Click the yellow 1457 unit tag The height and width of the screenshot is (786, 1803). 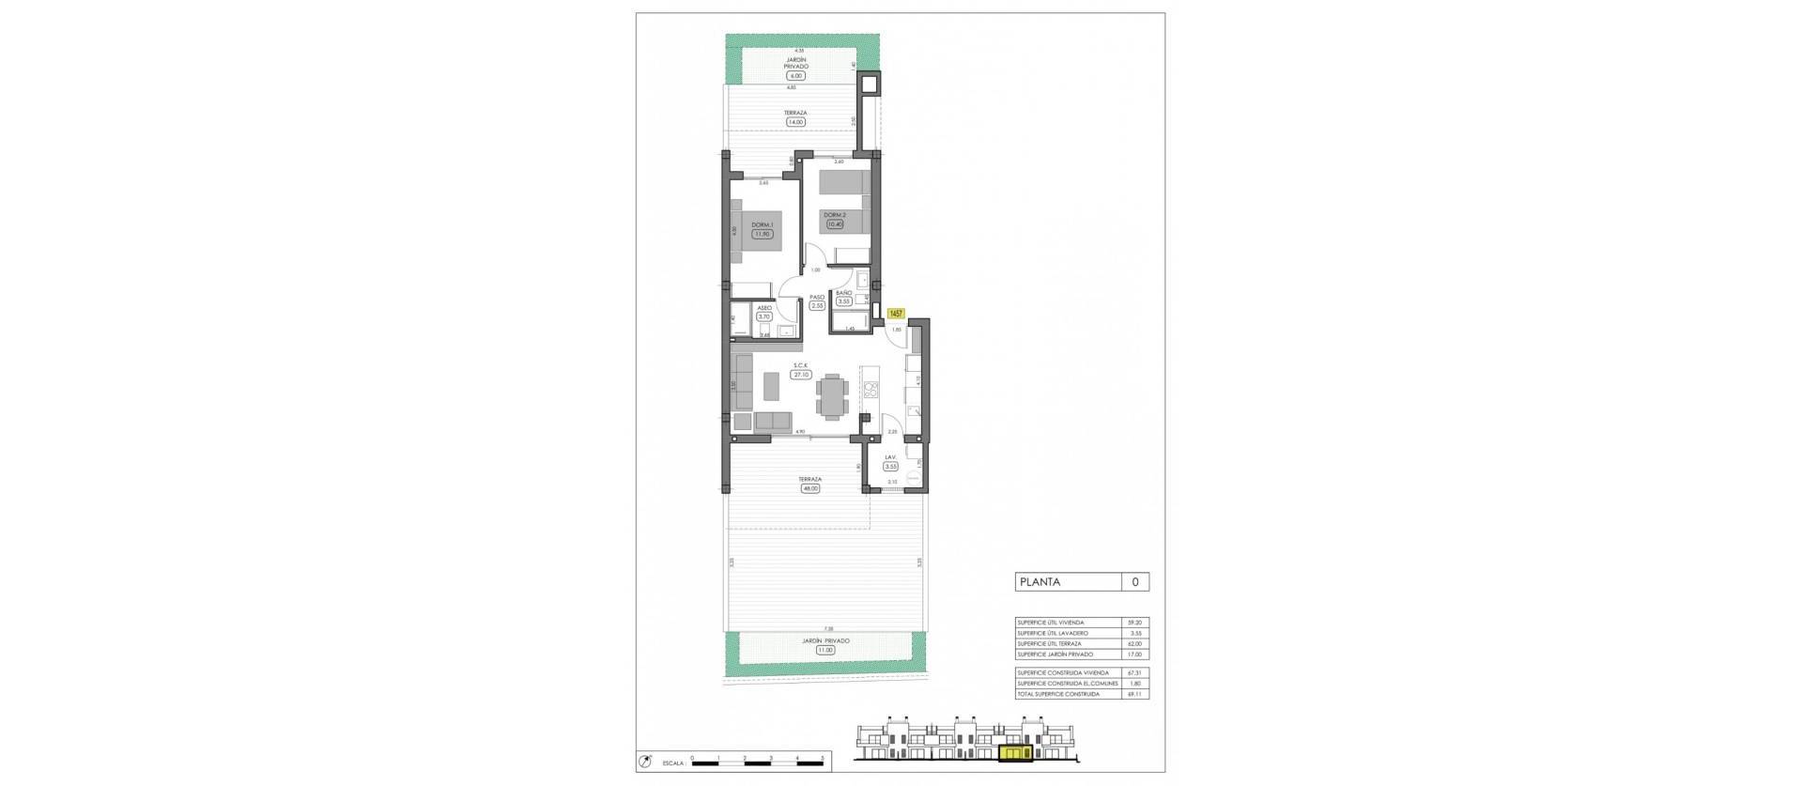point(896,314)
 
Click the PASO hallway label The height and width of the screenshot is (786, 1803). point(816,297)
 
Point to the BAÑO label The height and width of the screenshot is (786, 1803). point(844,293)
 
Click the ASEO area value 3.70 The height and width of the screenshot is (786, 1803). point(764,316)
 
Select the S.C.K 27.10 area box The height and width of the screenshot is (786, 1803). point(801,374)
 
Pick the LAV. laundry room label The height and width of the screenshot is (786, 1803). point(890,458)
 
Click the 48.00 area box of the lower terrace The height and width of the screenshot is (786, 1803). point(809,487)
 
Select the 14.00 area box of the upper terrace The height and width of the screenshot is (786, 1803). point(796,121)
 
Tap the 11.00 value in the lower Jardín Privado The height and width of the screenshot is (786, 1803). point(825,649)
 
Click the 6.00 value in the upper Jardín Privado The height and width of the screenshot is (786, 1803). point(796,75)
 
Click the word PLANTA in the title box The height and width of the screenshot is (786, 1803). point(1040,582)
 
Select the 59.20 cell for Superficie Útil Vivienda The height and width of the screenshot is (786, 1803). point(1135,623)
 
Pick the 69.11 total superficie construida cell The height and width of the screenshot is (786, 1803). point(1135,694)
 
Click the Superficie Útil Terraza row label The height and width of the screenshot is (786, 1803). point(1049,644)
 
